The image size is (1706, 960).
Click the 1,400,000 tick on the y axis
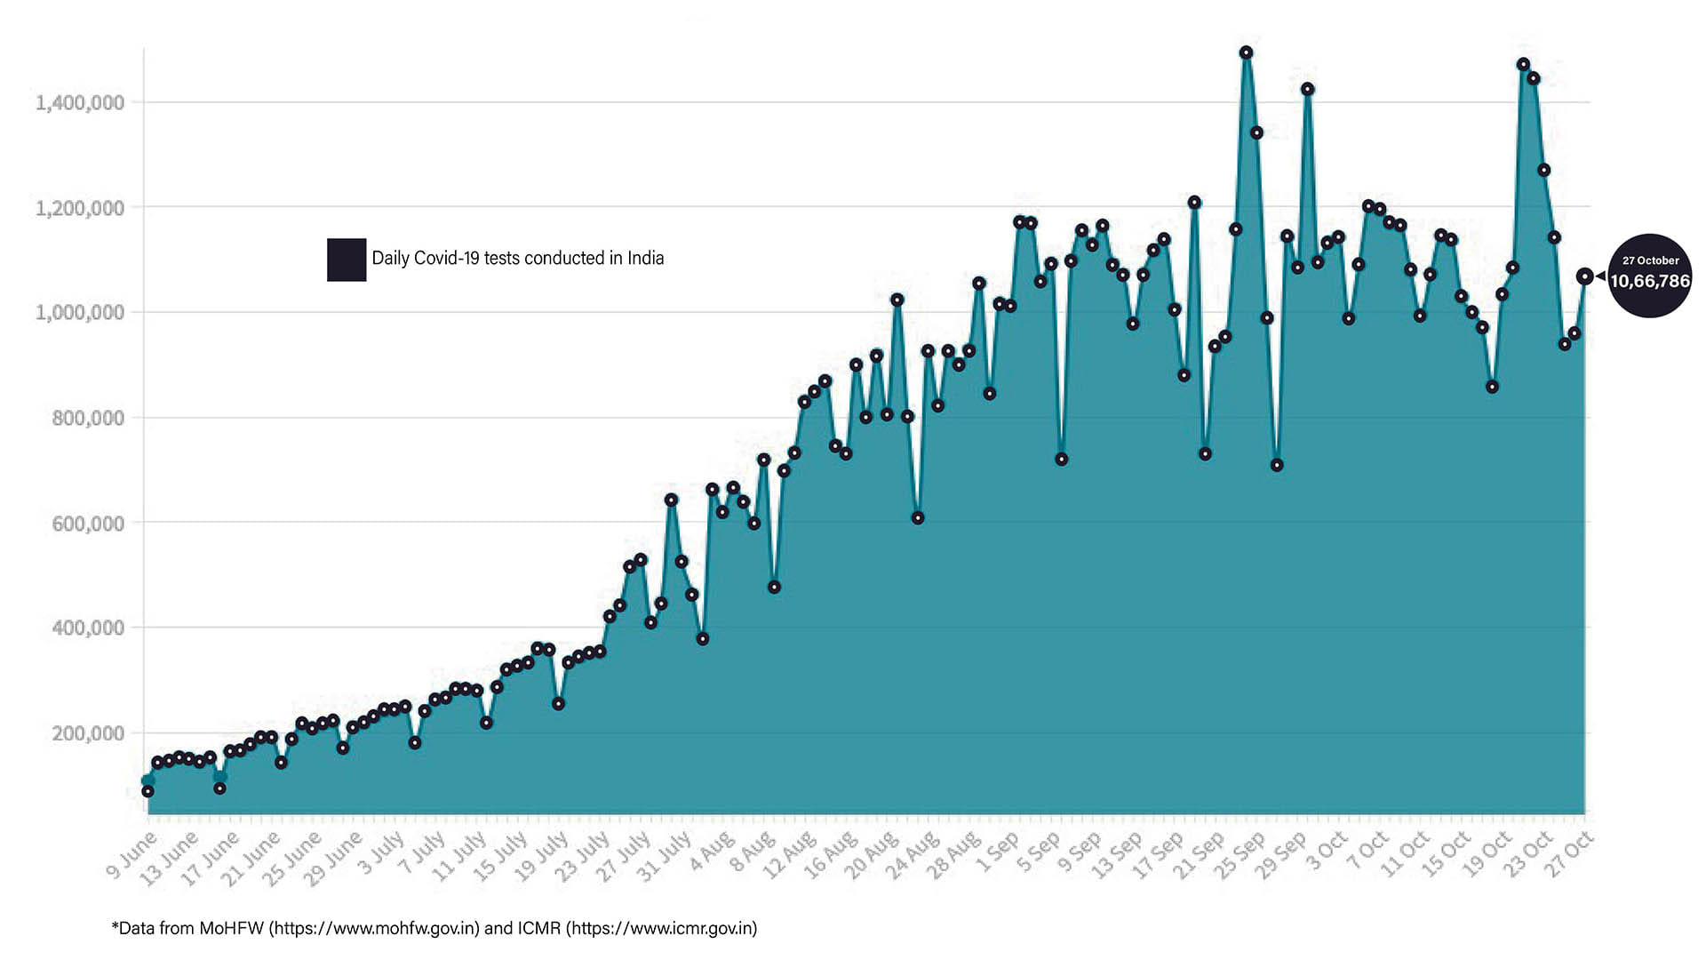coord(80,103)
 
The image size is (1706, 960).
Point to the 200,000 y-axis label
coord(88,734)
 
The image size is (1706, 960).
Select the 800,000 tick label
coord(88,419)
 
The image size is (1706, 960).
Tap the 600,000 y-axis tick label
coord(88,524)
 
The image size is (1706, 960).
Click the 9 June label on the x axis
coord(132,855)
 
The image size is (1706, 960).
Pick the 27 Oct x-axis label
coord(1571,854)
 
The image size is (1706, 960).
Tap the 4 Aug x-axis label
coord(712,852)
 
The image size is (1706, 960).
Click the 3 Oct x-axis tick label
coord(1326,852)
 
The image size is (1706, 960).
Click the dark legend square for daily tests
coord(347,260)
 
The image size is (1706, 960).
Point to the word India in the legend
coord(646,258)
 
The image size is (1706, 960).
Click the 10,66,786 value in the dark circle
coord(1650,282)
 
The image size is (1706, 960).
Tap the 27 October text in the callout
coord(1651,260)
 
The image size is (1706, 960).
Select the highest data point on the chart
coord(1246,52)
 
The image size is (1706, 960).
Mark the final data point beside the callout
coord(1584,276)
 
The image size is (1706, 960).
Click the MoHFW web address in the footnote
coord(374,929)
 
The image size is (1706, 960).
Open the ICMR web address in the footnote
coord(661,929)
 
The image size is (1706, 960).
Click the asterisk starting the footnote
coord(115,927)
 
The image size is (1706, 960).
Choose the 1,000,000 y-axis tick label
coord(80,313)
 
